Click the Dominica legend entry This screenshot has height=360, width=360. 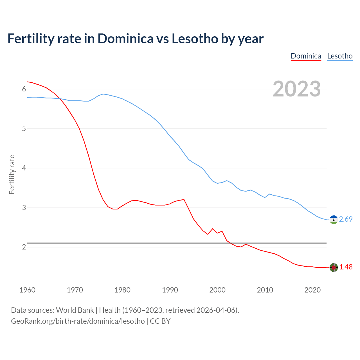pos(306,56)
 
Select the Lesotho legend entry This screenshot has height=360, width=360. pos(340,56)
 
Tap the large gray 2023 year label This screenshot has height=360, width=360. pos(297,89)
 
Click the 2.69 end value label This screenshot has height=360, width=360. pos(346,219)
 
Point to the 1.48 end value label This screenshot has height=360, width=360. pos(346,267)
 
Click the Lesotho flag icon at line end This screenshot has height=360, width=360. pos(334,220)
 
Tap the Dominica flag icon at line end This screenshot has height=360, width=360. pos(334,267)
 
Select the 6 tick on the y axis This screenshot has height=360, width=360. pos(24,89)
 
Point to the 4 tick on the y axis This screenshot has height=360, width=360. pos(24,168)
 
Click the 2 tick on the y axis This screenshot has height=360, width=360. pos(24,247)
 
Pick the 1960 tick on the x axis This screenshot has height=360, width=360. pos(27,290)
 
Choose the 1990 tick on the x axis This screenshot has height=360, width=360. pos(170,290)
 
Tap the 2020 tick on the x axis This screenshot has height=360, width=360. pos(312,290)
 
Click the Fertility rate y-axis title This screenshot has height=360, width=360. pos(12,174)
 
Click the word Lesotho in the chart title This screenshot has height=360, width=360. pos(195,39)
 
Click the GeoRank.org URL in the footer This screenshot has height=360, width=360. pos(78,321)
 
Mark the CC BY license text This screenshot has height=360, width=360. pos(160,321)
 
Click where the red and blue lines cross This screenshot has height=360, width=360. pos(60,99)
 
